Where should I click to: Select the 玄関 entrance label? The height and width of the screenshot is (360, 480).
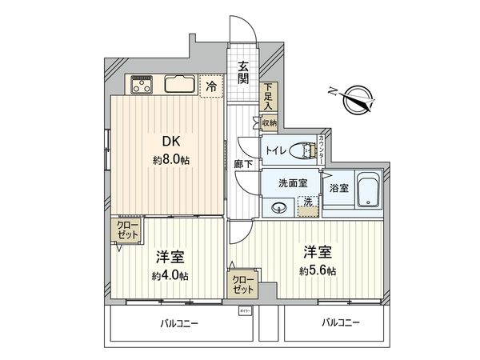pyautogui.click(x=242, y=73)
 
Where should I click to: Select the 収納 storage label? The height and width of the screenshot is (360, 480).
pyautogui.click(x=269, y=122)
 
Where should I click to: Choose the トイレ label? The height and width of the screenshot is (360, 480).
pyautogui.click(x=276, y=150)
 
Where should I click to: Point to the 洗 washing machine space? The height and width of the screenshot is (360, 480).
pyautogui.click(x=308, y=205)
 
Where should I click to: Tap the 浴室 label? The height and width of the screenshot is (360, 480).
pyautogui.click(x=338, y=188)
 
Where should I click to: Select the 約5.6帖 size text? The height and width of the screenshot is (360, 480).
pyautogui.click(x=319, y=270)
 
